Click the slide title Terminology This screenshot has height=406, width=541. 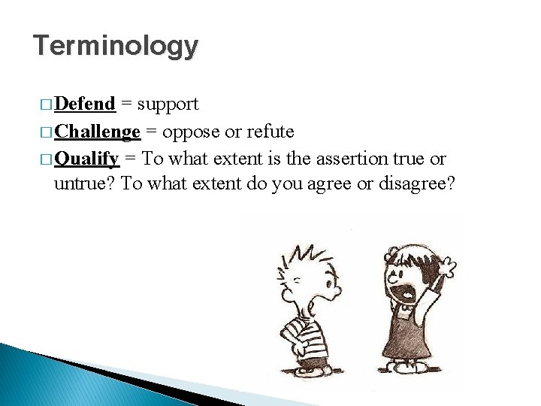click(115, 47)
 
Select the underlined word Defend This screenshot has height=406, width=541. click(84, 104)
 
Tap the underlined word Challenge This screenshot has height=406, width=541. click(97, 132)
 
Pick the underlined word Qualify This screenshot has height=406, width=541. click(86, 159)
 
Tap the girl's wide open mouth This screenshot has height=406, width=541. click(396, 286)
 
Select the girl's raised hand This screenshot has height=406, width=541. click(449, 265)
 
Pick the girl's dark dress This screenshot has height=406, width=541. click(405, 331)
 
